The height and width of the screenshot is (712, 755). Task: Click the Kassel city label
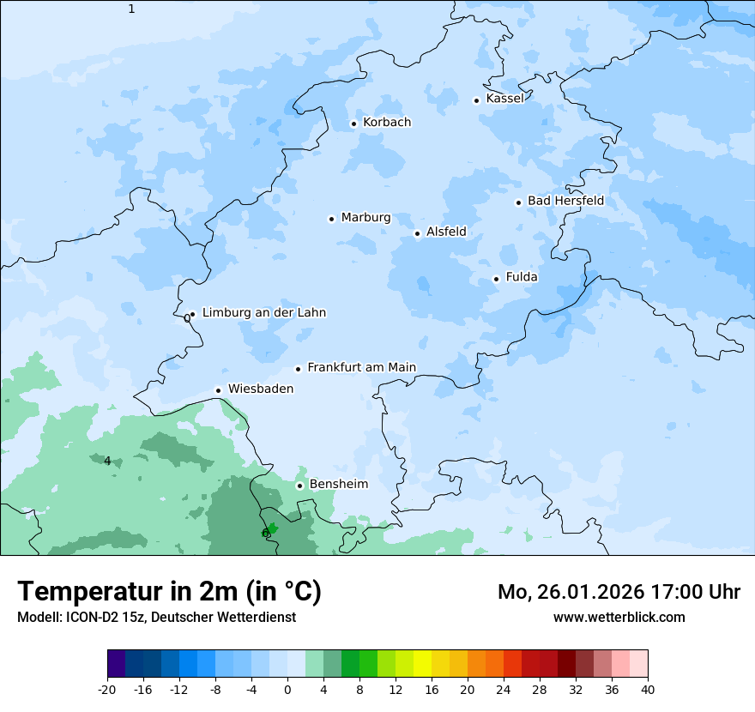tap(504, 99)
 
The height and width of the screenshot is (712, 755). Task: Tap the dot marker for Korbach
tap(353, 124)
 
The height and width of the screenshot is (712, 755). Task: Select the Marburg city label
tap(365, 218)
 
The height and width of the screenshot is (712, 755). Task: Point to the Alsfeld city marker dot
tap(417, 233)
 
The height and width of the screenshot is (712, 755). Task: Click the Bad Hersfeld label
tap(565, 201)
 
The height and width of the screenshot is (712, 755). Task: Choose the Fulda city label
tap(522, 277)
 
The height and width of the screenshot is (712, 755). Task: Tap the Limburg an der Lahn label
tap(263, 313)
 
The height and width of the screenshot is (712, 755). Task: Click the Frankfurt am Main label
tap(361, 367)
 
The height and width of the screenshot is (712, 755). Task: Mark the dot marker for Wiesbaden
tap(219, 390)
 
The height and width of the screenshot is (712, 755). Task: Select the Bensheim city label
tap(338, 484)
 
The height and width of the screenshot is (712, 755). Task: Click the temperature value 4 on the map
tap(107, 462)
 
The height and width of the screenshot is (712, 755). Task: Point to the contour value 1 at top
tap(131, 9)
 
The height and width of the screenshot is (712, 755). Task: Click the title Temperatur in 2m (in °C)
tap(169, 592)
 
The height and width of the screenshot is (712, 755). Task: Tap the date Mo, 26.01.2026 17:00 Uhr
tap(619, 592)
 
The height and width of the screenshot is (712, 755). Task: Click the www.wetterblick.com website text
tap(619, 618)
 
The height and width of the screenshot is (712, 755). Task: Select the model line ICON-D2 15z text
tap(156, 618)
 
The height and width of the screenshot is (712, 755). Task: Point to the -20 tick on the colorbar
tap(107, 689)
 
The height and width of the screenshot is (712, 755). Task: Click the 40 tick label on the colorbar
tap(648, 689)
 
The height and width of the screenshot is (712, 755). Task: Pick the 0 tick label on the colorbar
tap(287, 689)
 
